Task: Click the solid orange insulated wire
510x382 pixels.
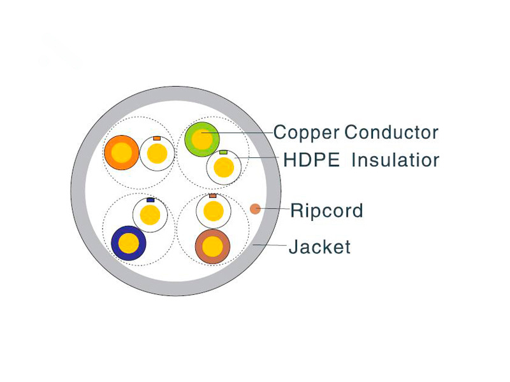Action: pos(122,152)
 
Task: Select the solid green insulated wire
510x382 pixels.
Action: pos(202,139)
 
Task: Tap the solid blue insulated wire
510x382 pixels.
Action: pos(129,243)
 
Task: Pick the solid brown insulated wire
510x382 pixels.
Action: pos(213,246)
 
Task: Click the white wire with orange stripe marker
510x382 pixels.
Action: pos(157,153)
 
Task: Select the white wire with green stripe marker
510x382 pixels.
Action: pos(224,167)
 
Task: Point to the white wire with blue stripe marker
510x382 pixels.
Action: pos(150,215)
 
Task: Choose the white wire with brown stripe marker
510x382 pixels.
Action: pos(214,211)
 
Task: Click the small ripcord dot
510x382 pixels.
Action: pos(256,209)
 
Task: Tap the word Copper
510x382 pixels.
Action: pos(307,133)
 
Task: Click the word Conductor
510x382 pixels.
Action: pos(391,132)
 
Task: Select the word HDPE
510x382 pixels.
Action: pos(311,160)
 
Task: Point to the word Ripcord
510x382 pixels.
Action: pos(326,211)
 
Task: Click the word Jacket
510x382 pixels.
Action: pos(320,246)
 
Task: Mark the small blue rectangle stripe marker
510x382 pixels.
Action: pos(150,200)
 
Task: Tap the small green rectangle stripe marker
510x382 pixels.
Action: pos(223,152)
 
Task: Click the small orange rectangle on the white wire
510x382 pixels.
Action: pos(157,138)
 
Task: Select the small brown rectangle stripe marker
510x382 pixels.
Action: pos(213,195)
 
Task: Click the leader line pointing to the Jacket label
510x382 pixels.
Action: pos(270,244)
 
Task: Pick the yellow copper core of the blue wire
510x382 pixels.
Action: pos(129,243)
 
